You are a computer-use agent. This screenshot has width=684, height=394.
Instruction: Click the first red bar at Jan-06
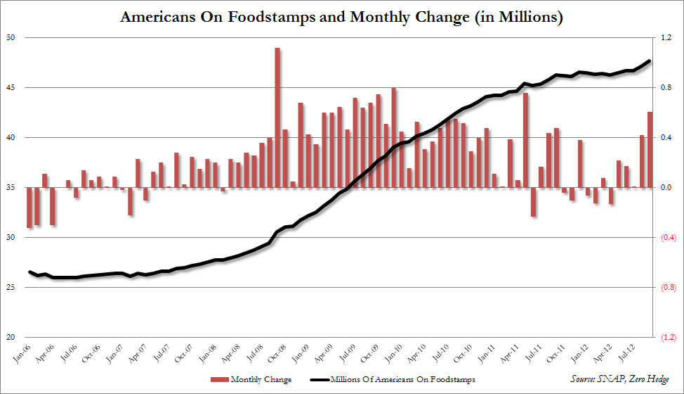29,208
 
